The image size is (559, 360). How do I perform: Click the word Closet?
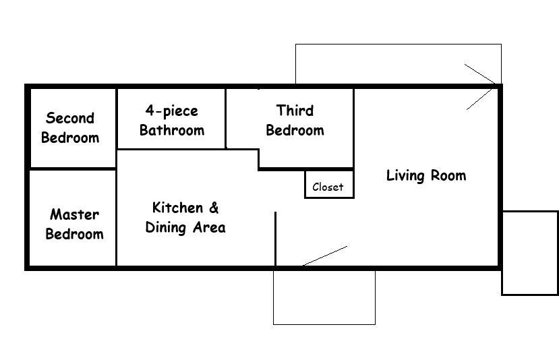click(328, 187)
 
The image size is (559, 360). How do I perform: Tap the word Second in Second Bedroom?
click(70, 118)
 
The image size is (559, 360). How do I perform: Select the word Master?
click(74, 214)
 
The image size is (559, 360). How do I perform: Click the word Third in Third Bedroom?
click(295, 111)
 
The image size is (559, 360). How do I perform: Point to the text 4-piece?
click(171, 111)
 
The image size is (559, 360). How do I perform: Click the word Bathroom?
click(172, 130)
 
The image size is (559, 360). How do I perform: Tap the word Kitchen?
click(177, 208)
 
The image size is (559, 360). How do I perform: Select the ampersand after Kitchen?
click(214, 208)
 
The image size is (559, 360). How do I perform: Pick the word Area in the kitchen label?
click(209, 227)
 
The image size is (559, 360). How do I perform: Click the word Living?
click(405, 176)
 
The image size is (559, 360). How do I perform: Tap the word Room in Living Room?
click(448, 175)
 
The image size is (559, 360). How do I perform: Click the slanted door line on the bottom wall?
click(325, 256)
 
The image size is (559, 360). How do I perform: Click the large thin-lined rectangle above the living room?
click(399, 44)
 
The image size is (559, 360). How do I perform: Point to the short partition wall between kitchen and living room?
click(275, 239)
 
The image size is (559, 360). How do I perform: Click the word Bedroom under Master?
click(74, 234)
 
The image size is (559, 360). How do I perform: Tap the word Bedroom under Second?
click(70, 138)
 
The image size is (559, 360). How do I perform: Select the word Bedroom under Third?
click(295, 130)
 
